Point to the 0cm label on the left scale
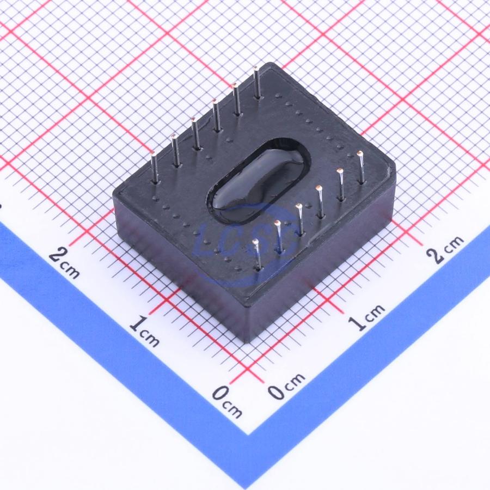[227, 402]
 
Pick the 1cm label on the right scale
[366, 317]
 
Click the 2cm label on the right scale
[446, 249]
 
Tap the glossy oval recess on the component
[258, 181]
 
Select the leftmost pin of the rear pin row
[155, 167]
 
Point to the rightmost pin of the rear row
[257, 83]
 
